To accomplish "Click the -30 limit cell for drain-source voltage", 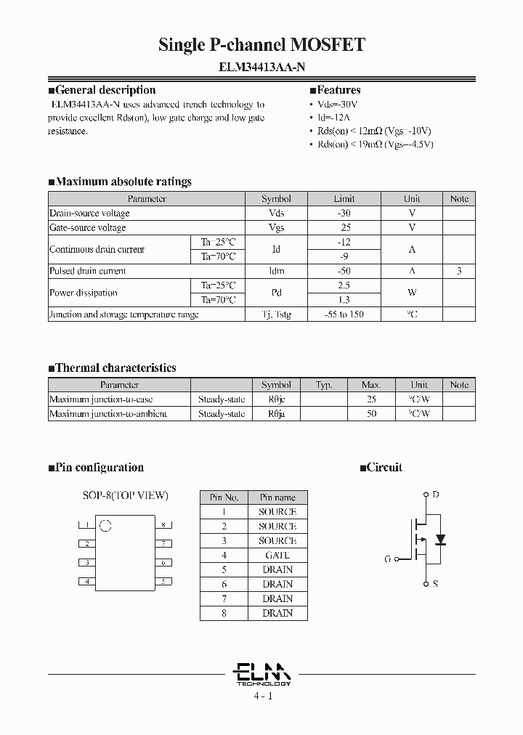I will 344,213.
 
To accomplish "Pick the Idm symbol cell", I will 276,271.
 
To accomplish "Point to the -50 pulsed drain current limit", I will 344,271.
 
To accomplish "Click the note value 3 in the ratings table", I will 459,271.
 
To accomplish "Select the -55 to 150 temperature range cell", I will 344,314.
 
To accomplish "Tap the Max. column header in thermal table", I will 371,385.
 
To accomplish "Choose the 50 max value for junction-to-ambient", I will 371,414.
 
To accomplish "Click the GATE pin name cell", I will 277,555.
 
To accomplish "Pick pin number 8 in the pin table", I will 224,613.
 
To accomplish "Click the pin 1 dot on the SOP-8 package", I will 105,525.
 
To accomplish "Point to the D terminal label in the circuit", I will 436,495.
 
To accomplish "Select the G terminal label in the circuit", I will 388,559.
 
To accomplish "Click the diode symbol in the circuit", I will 439,540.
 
